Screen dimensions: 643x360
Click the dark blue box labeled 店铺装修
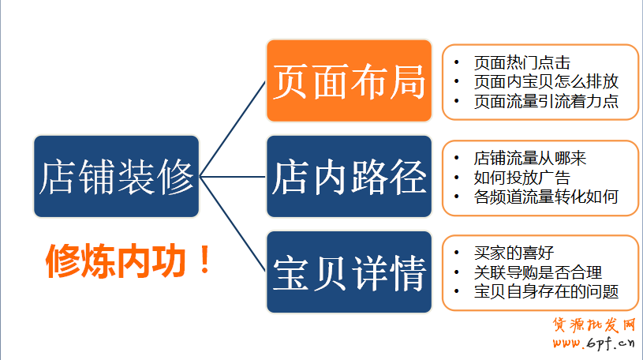117,177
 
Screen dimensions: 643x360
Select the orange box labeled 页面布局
349,81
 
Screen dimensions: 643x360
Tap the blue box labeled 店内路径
349,177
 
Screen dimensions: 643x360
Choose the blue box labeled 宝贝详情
349,272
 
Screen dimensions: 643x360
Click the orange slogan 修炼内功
116,261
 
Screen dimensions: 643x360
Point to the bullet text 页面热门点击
522,63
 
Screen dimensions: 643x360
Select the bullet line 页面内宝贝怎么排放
546,81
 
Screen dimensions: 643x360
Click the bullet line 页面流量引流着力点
546,101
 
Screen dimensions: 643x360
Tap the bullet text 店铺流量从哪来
530,159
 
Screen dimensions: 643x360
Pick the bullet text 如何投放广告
522,178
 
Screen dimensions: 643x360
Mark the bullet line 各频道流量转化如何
546,197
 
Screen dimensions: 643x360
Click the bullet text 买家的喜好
514,253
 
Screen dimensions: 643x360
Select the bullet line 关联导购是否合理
538,272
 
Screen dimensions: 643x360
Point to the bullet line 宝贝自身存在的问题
546,291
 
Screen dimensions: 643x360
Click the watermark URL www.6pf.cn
593,343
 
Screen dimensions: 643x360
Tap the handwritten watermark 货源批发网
594,324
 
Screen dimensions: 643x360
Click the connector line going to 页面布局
233,129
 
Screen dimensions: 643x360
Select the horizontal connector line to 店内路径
233,177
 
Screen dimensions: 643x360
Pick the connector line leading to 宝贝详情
233,224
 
